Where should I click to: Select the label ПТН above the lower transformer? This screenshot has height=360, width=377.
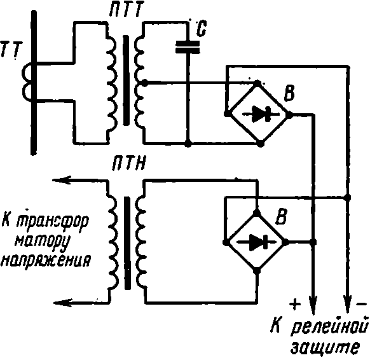(129, 163)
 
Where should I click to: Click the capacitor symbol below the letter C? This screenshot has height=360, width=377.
(188, 46)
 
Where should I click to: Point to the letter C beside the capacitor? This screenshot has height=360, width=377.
(202, 29)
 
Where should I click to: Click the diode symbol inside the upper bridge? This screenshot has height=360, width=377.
(261, 114)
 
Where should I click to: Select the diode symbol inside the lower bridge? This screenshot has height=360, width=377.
(256, 242)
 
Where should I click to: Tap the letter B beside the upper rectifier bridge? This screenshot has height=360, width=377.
(289, 93)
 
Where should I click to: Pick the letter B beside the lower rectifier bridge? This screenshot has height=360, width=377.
(282, 217)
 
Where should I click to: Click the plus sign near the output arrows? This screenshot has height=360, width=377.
(295, 304)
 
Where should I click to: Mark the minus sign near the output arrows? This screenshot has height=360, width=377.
(361, 303)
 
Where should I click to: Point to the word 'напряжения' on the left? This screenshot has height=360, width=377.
(46, 260)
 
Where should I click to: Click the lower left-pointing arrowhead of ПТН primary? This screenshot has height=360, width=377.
(63, 303)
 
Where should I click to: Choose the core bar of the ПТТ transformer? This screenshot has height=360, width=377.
(126, 80)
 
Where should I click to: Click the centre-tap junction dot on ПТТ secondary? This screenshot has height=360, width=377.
(144, 83)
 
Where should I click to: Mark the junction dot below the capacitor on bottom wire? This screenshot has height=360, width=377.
(188, 144)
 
